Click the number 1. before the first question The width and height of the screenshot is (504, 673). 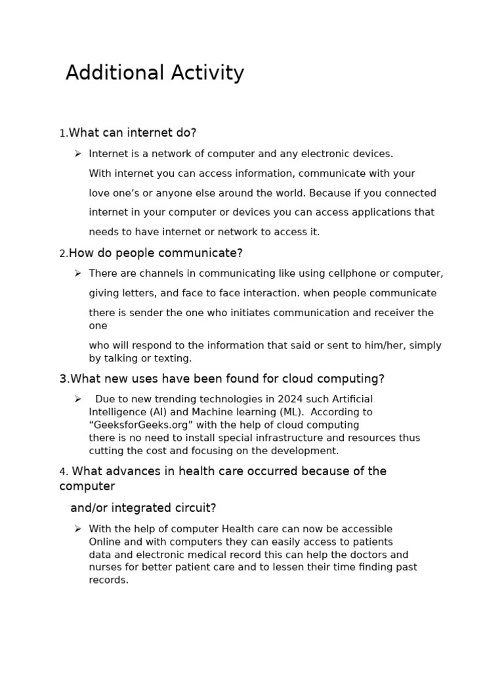(x=64, y=133)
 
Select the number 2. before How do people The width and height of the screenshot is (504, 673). (x=64, y=254)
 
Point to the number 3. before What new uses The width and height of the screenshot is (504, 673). (x=64, y=379)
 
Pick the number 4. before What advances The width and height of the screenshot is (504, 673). (x=64, y=472)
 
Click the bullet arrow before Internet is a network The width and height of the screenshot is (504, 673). (x=77, y=154)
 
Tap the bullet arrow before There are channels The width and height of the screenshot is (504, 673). (x=77, y=273)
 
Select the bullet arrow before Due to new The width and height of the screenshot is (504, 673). (x=77, y=399)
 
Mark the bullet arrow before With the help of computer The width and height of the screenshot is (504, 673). (x=77, y=529)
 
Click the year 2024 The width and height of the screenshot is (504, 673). (x=291, y=399)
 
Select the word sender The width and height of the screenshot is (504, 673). (x=146, y=313)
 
